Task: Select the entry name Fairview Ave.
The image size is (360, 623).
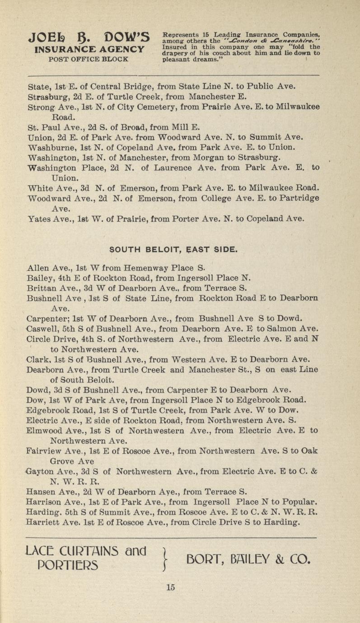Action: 51,451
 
